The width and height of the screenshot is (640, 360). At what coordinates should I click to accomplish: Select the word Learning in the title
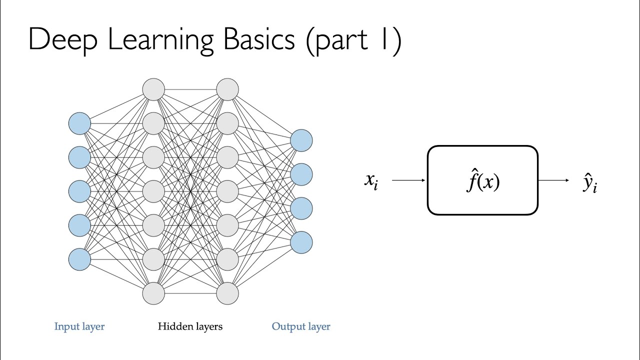click(160, 40)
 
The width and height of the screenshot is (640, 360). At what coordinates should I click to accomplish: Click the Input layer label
click(79, 326)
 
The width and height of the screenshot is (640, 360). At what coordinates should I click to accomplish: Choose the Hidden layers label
click(190, 326)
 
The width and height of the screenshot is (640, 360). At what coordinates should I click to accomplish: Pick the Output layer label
click(301, 326)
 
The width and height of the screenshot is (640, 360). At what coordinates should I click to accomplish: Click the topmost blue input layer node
click(79, 123)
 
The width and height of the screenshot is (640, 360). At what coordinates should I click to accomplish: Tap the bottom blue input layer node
click(79, 259)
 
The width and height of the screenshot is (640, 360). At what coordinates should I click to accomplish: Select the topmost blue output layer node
click(301, 140)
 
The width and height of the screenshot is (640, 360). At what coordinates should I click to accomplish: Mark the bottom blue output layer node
click(301, 242)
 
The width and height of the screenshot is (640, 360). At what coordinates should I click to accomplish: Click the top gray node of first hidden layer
click(153, 89)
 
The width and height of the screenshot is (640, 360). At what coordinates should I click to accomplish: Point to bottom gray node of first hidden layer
click(153, 293)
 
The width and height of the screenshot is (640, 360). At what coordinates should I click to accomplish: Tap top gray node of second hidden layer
click(227, 89)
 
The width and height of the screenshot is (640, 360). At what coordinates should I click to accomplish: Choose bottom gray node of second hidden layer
click(227, 293)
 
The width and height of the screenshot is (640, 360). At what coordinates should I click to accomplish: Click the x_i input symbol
click(371, 181)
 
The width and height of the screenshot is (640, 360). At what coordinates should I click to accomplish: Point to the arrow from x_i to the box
click(409, 180)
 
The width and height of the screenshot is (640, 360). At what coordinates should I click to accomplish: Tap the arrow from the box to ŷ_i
click(553, 180)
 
